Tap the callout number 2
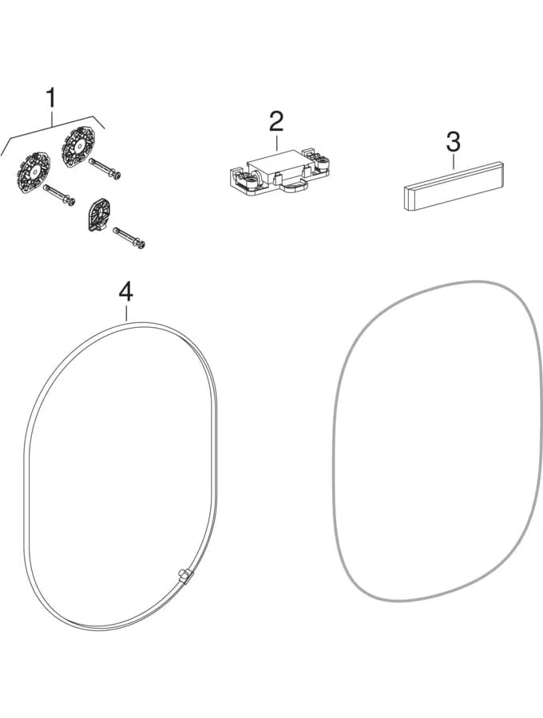tap(276, 120)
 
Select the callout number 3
tap(454, 142)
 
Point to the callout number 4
tap(125, 291)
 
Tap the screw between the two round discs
tap(58, 195)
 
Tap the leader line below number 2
tap(276, 141)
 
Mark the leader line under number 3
tap(454, 162)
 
